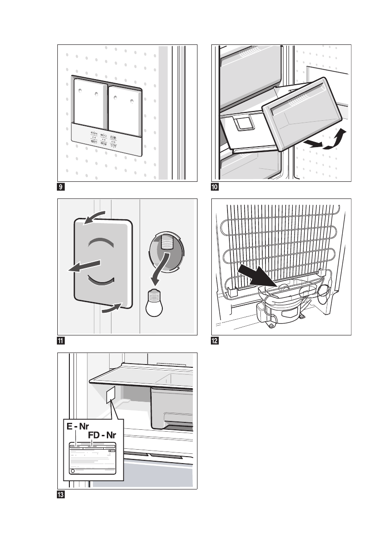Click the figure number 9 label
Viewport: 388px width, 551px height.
[x=60, y=187]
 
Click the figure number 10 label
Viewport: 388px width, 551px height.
[x=215, y=187]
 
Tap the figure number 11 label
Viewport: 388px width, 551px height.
[x=60, y=341]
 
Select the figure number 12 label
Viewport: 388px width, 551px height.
[x=215, y=341]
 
